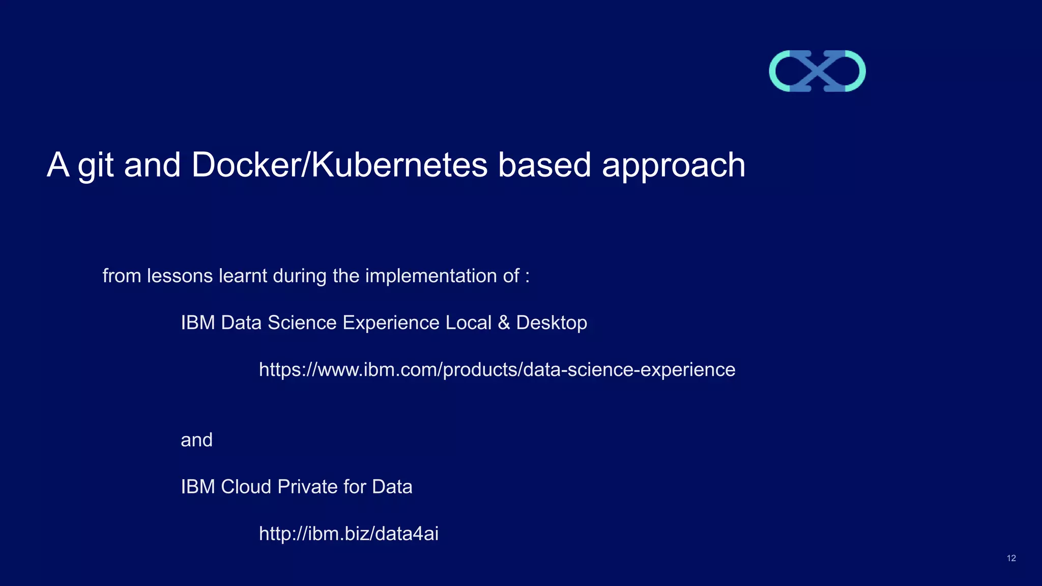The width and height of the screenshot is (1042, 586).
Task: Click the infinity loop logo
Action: [x=817, y=71]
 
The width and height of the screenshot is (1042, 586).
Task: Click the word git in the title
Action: [x=96, y=166]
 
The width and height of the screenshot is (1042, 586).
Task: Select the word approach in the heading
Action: [x=674, y=166]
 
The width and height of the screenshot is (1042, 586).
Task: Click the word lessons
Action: [x=180, y=276]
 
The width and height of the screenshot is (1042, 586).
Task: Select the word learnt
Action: [x=243, y=276]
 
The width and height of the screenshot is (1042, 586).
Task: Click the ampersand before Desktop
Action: [x=504, y=323]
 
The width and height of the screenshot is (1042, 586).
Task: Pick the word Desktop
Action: [x=552, y=323]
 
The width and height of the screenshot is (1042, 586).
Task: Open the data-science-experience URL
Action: [x=497, y=369]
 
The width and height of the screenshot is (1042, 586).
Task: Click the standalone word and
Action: [x=196, y=440]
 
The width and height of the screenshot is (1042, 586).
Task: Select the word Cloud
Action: [x=246, y=487]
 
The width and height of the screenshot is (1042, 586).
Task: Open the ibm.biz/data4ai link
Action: [x=349, y=534]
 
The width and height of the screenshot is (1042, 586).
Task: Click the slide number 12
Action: [x=1011, y=559]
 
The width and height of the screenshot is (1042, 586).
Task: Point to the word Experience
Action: [x=391, y=323]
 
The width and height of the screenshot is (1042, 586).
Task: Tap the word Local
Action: [x=468, y=323]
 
